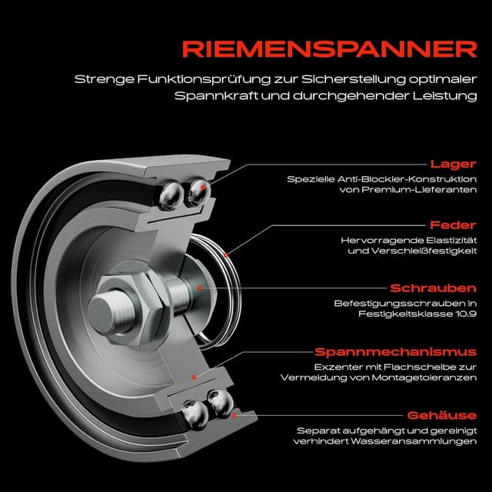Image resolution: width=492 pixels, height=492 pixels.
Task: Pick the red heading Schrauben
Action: pyautogui.click(x=434, y=288)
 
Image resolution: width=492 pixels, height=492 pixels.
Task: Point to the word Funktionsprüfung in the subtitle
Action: pyautogui.click(x=182, y=79)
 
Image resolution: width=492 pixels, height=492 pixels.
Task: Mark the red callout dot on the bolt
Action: pyautogui.click(x=200, y=288)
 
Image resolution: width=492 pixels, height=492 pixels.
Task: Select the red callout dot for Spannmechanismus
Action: pyautogui.click(x=195, y=377)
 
